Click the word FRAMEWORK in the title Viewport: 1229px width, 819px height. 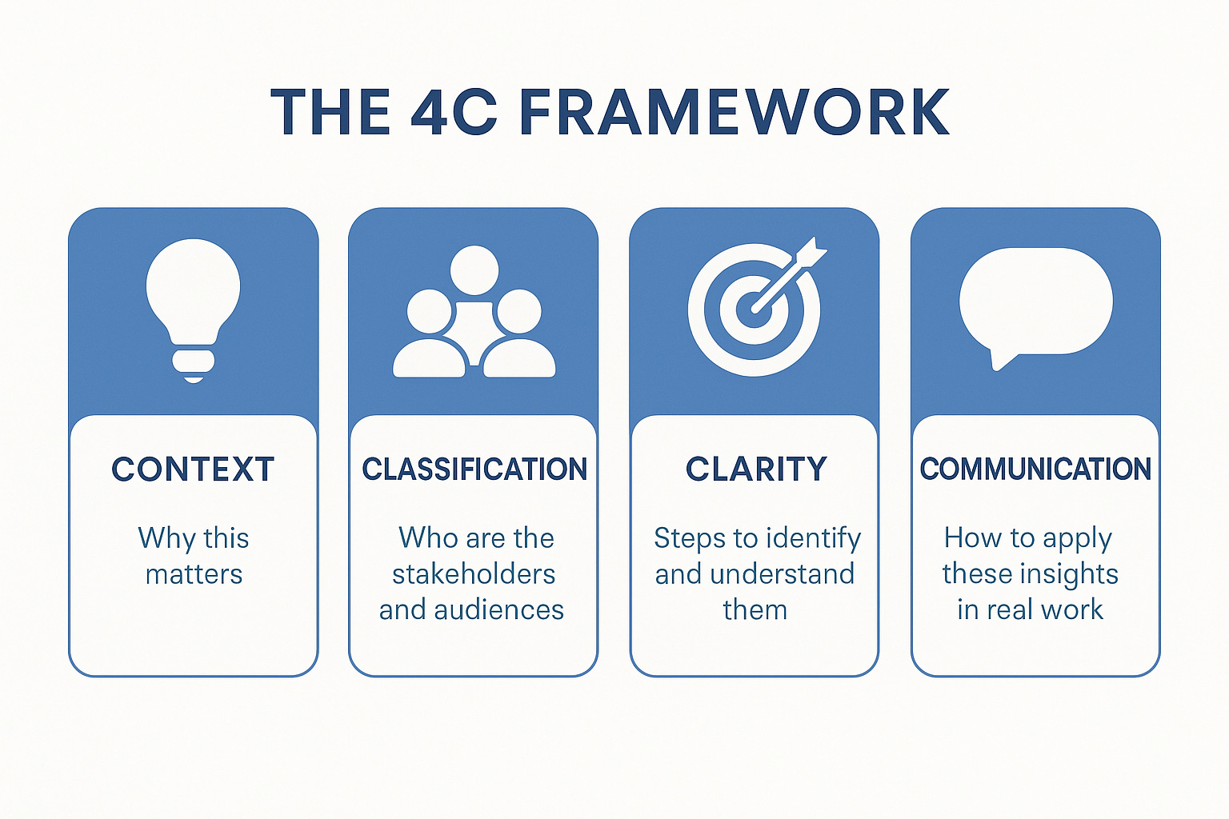coord(735,113)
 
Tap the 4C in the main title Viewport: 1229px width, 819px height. coord(454,113)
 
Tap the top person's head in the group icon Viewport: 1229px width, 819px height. coord(474,270)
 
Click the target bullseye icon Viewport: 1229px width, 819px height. coord(755,309)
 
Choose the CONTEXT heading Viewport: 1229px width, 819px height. coord(194,469)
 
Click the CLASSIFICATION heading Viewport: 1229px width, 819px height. coord(474,469)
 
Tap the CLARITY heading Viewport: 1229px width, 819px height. coord(756,469)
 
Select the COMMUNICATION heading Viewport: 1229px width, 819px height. coord(1035,469)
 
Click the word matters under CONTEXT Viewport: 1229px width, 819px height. coord(194,574)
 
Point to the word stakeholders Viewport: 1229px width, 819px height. coord(474,574)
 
